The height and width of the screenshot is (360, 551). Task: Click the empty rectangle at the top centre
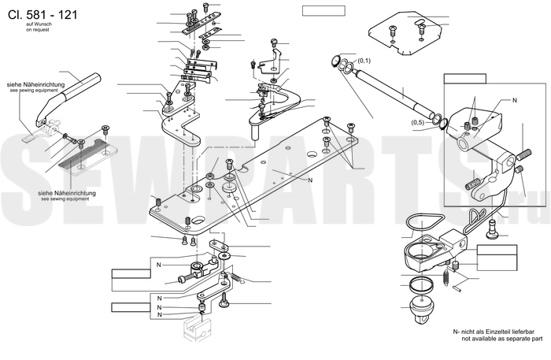pos(323,10)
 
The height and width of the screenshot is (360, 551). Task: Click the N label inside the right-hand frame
pos(515,102)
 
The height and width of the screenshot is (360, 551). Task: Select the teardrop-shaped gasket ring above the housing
pos(426,225)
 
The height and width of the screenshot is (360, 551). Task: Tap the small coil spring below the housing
pos(446,275)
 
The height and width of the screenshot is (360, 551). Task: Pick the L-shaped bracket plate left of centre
pos(182,126)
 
